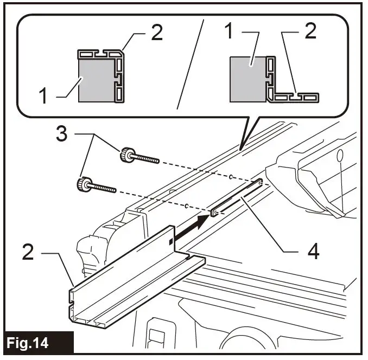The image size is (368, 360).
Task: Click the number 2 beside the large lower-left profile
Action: tap(30, 252)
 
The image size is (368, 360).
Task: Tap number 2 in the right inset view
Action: tap(310, 33)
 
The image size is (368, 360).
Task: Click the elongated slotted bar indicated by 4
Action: tap(239, 198)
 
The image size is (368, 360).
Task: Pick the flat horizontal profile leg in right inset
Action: tap(296, 97)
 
